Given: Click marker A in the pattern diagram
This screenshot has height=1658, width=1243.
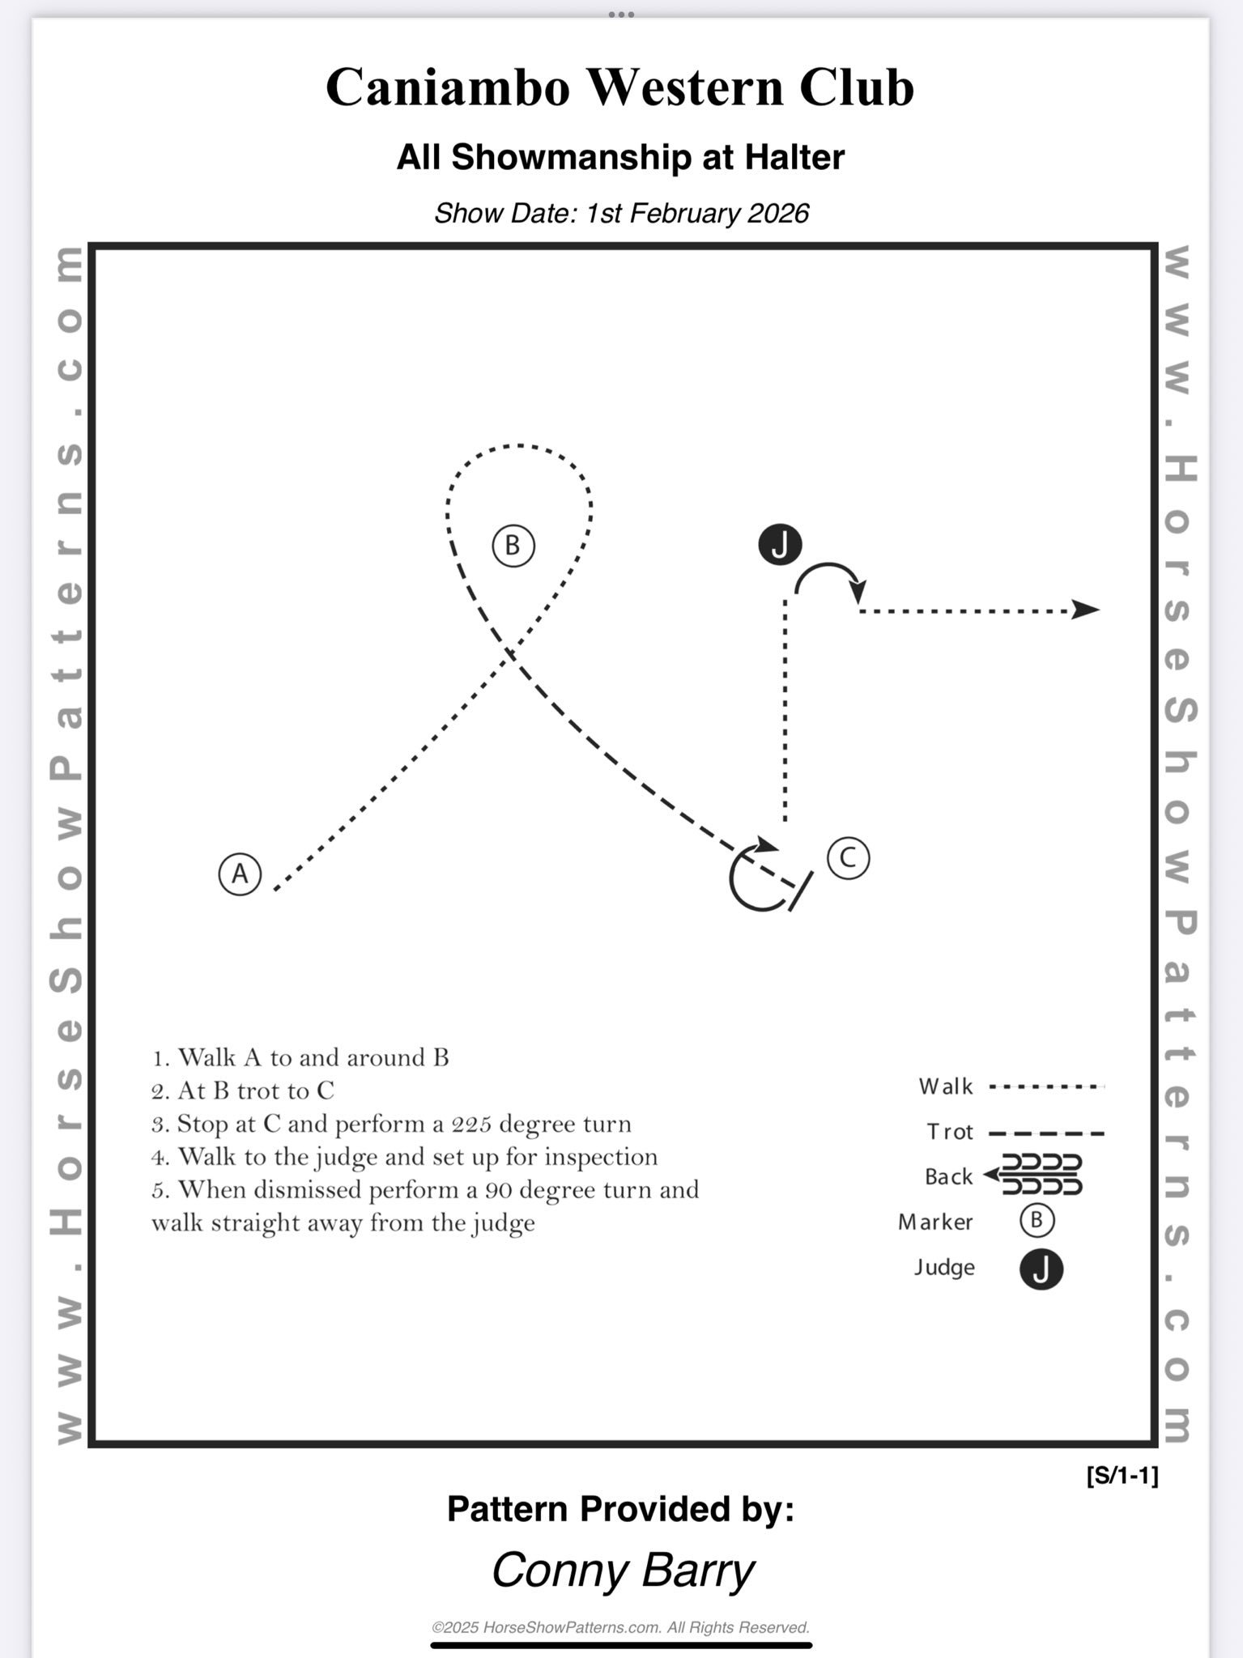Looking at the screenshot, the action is [x=240, y=874].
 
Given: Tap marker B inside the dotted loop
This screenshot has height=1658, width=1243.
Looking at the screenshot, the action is [x=513, y=546].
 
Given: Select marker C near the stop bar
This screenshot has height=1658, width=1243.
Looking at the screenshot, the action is [x=848, y=857].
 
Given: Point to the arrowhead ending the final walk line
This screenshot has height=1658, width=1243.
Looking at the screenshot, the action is [x=1085, y=610].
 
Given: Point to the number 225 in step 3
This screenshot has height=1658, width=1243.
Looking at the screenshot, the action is [x=471, y=1124].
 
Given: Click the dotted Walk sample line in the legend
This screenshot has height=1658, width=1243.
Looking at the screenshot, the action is [x=1047, y=1086].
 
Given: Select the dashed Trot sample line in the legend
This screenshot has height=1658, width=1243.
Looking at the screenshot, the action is [x=1047, y=1133].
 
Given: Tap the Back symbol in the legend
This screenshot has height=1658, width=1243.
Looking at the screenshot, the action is [x=1033, y=1175].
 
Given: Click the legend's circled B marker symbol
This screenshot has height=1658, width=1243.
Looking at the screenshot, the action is [x=1037, y=1220].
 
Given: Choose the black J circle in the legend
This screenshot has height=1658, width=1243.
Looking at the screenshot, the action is [x=1041, y=1269].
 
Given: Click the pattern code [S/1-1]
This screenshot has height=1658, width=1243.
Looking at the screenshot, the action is [x=1122, y=1476].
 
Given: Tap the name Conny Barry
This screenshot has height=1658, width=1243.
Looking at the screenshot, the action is [x=623, y=1571].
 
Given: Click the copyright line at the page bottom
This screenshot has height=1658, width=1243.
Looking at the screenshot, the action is [x=621, y=1627].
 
